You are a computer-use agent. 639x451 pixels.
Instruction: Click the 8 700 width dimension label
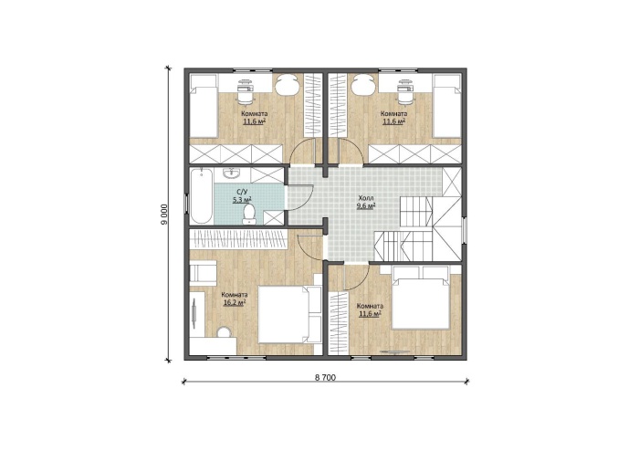tap(325, 378)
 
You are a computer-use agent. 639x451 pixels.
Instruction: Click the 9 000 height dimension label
tap(163, 214)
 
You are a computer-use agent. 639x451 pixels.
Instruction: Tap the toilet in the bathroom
tap(249, 215)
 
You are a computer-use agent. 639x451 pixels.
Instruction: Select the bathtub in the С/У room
tap(202, 196)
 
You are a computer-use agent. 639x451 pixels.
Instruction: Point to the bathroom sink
tap(233, 174)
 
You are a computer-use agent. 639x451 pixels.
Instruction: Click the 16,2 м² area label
tap(235, 302)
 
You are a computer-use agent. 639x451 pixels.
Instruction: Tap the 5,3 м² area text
tap(242, 199)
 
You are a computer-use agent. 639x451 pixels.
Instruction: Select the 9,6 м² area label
tap(365, 205)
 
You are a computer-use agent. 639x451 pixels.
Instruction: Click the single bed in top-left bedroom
tap(204, 106)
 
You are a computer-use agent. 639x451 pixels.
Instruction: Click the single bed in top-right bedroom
tap(446, 106)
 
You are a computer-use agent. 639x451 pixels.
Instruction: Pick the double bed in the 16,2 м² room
tap(285, 314)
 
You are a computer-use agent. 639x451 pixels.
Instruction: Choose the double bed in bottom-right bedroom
tap(420, 298)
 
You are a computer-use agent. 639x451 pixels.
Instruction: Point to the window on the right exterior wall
tap(464, 231)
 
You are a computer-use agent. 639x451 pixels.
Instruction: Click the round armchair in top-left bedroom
tap(288, 86)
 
